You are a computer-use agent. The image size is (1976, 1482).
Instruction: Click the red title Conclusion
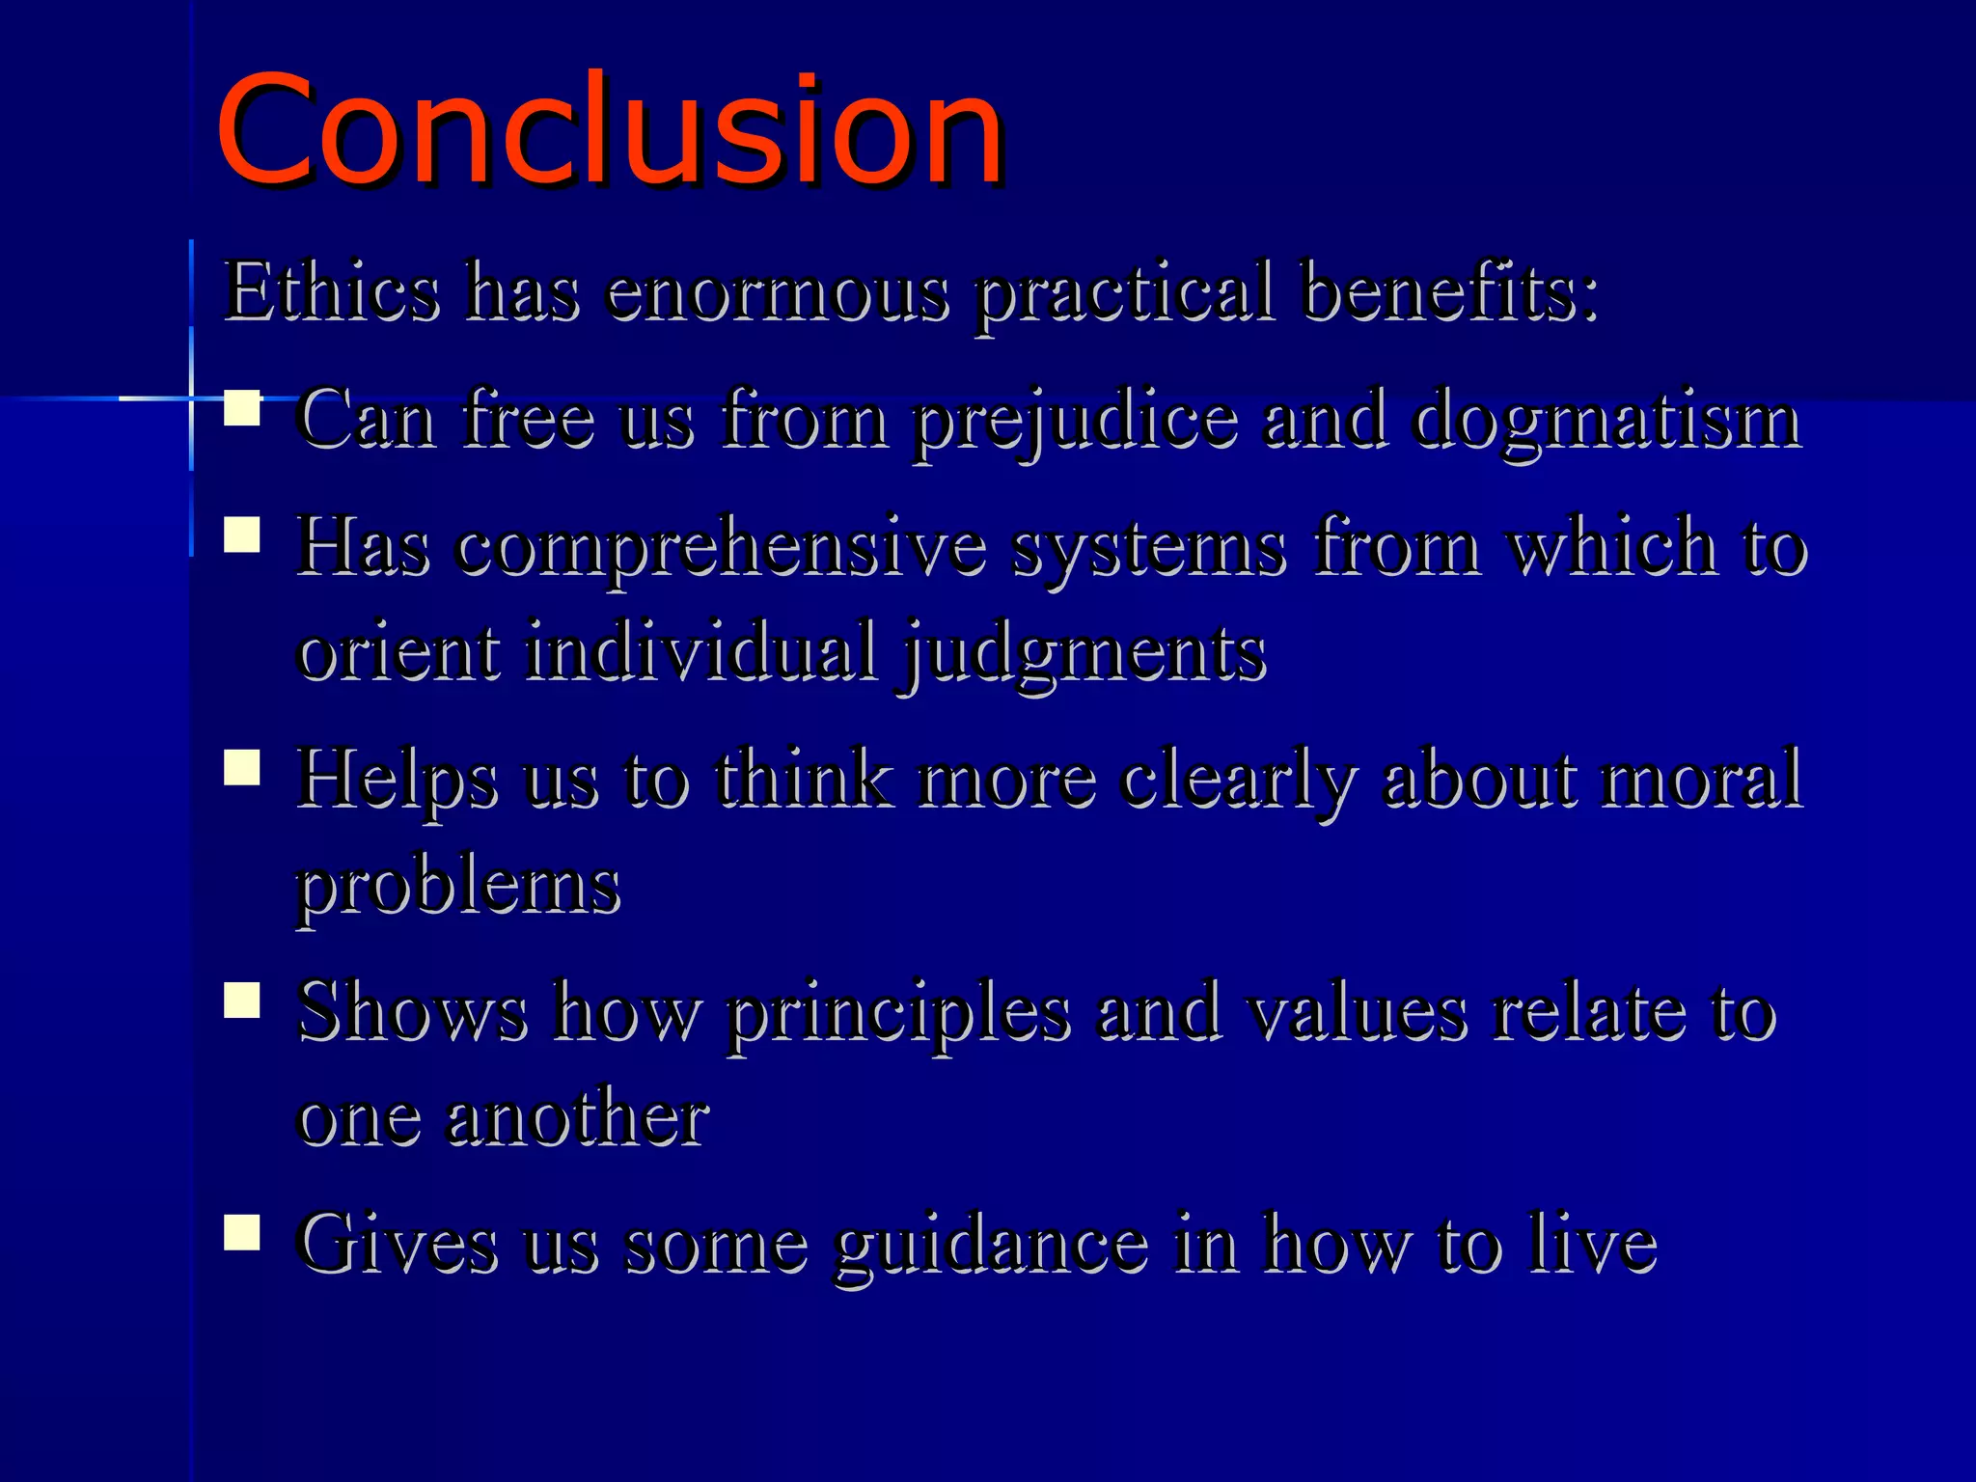click(x=610, y=130)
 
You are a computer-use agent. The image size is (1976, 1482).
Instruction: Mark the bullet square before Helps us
click(x=242, y=768)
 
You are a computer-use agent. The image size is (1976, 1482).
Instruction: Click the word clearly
click(x=1238, y=782)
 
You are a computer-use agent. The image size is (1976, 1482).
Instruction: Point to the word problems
click(x=457, y=888)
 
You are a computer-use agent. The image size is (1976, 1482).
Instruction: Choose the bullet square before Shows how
click(x=242, y=1001)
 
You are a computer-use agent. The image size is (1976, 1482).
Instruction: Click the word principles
click(x=898, y=1015)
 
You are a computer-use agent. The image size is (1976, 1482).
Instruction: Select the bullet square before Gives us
click(x=242, y=1232)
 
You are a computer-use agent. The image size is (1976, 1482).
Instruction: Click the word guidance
click(x=991, y=1247)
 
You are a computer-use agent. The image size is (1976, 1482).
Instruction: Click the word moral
click(x=1700, y=780)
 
